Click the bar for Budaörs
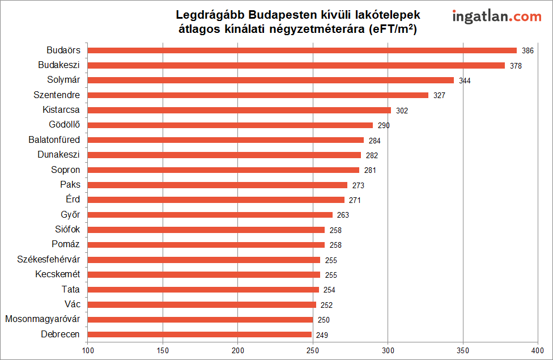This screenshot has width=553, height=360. point(302,50)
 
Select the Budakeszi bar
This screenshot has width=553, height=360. point(296,65)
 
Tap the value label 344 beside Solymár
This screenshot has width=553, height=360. point(465,81)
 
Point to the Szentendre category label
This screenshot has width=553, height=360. point(57,95)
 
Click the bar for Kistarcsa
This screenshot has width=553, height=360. point(239,110)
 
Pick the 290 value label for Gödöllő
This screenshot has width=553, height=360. point(384,125)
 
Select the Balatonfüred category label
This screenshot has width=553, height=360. point(54,139)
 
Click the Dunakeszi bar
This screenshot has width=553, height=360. point(224,155)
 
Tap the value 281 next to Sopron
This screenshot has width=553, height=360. point(370,170)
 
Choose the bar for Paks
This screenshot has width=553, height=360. point(218,185)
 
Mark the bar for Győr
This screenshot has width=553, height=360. point(210,215)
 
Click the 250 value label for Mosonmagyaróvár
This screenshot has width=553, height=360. point(324,320)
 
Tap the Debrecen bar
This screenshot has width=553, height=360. point(199,334)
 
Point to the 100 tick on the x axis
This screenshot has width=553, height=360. point(88,351)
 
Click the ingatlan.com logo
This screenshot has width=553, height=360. point(496,17)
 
